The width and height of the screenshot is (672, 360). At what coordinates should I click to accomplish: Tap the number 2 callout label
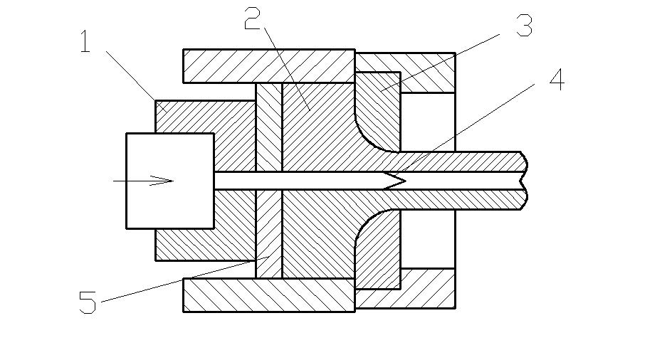tap(253, 19)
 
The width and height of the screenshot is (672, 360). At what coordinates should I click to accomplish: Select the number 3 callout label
tap(524, 26)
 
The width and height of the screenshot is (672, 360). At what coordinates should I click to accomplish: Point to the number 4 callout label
tap(556, 80)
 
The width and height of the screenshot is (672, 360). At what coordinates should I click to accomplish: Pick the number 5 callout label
tap(87, 303)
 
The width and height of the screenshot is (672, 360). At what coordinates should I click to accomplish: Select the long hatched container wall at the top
tap(268, 65)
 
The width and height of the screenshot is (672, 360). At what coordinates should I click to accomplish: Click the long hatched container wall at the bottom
tap(268, 295)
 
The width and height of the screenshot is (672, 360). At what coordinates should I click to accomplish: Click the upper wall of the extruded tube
tap(463, 161)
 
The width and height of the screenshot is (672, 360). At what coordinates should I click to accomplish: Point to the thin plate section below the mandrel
tap(268, 235)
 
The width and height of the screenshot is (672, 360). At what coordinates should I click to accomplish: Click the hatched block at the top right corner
tap(427, 72)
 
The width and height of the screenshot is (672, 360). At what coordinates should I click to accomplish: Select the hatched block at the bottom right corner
tap(427, 288)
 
